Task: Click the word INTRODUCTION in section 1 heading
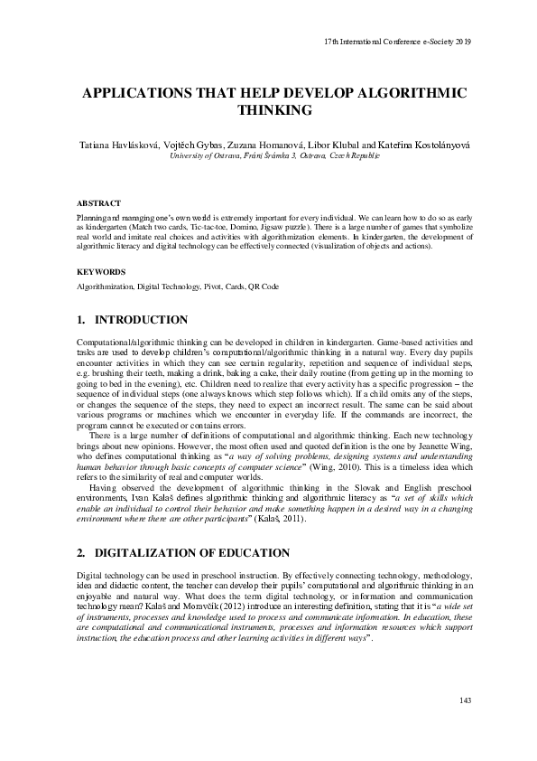[142, 320]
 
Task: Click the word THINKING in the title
[273, 110]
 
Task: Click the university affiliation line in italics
[274, 156]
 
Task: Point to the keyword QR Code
[262, 287]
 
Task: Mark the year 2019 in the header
[464, 42]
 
